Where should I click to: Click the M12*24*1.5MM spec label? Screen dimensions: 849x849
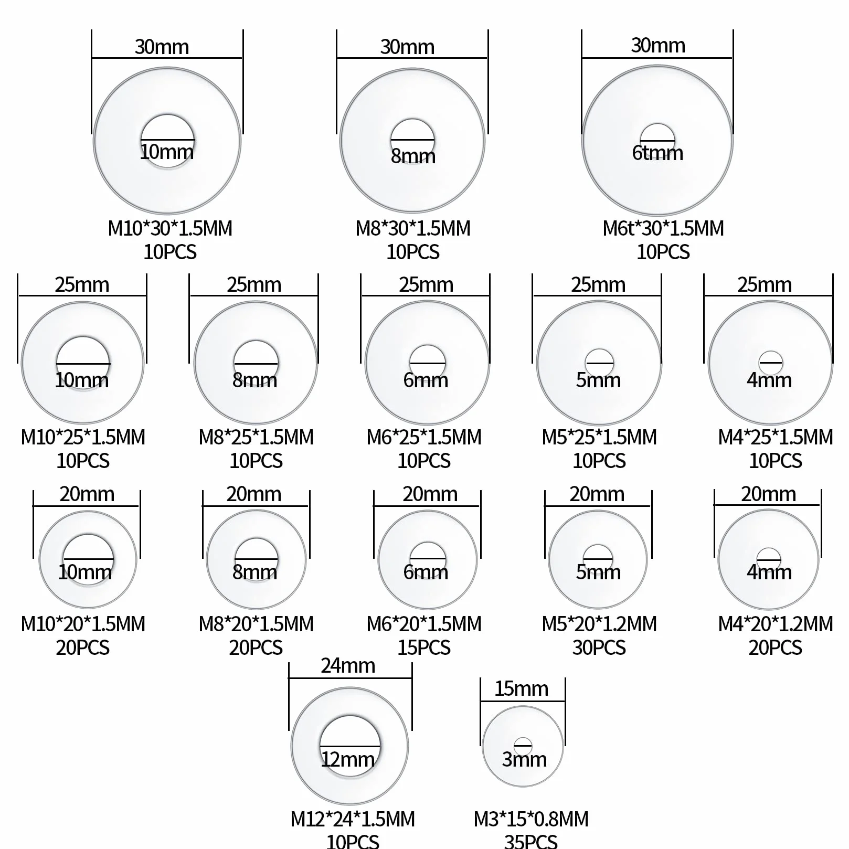(353, 819)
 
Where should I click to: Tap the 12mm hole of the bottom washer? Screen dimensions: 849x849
(350, 745)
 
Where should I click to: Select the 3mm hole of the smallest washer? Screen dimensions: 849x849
(523, 746)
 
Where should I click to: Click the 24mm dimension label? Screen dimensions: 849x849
(348, 665)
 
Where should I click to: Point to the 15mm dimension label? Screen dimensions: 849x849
(522, 688)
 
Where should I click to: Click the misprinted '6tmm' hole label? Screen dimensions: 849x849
(657, 153)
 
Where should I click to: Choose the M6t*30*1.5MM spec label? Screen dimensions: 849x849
(663, 228)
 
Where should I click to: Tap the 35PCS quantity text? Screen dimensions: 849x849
(530, 841)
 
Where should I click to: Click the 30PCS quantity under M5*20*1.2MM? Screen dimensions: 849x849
(599, 648)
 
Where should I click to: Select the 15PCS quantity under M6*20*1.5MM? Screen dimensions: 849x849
(424, 648)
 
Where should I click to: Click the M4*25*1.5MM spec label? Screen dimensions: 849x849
(776, 437)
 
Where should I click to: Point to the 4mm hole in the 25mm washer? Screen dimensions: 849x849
(770, 362)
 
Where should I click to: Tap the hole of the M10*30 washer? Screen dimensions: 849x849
(167, 141)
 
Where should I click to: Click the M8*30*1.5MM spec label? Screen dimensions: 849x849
(413, 228)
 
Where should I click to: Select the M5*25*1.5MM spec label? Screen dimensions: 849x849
(599, 437)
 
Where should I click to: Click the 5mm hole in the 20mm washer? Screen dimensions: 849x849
(598, 558)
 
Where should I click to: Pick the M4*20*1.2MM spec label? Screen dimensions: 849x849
(776, 624)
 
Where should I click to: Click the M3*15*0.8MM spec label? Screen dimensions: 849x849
(531, 819)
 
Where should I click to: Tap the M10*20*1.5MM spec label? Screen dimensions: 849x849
(83, 624)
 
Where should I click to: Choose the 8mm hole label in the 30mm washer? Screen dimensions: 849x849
(413, 156)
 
